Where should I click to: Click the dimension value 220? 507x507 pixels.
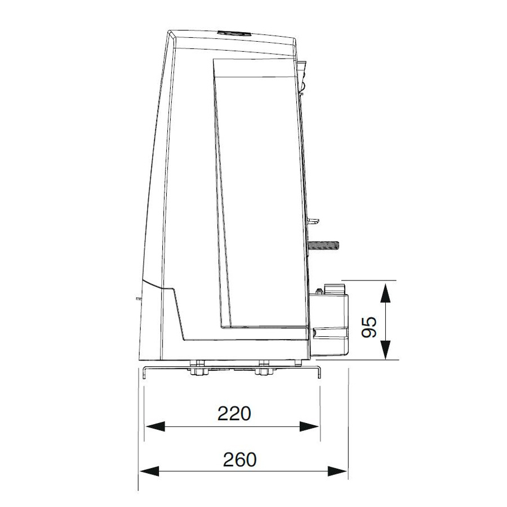click(x=234, y=413)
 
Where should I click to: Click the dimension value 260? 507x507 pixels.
click(x=239, y=460)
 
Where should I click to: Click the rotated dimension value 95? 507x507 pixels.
click(x=369, y=327)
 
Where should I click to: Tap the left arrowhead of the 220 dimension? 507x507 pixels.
click(x=155, y=426)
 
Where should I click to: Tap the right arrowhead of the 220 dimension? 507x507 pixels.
click(x=309, y=426)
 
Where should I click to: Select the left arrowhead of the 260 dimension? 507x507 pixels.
click(x=149, y=471)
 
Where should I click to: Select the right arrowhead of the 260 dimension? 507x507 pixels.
click(x=337, y=471)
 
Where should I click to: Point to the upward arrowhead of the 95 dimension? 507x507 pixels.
click(x=385, y=292)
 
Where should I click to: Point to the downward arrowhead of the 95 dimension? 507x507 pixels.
click(x=385, y=349)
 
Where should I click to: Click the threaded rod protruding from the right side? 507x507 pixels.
click(x=323, y=246)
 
